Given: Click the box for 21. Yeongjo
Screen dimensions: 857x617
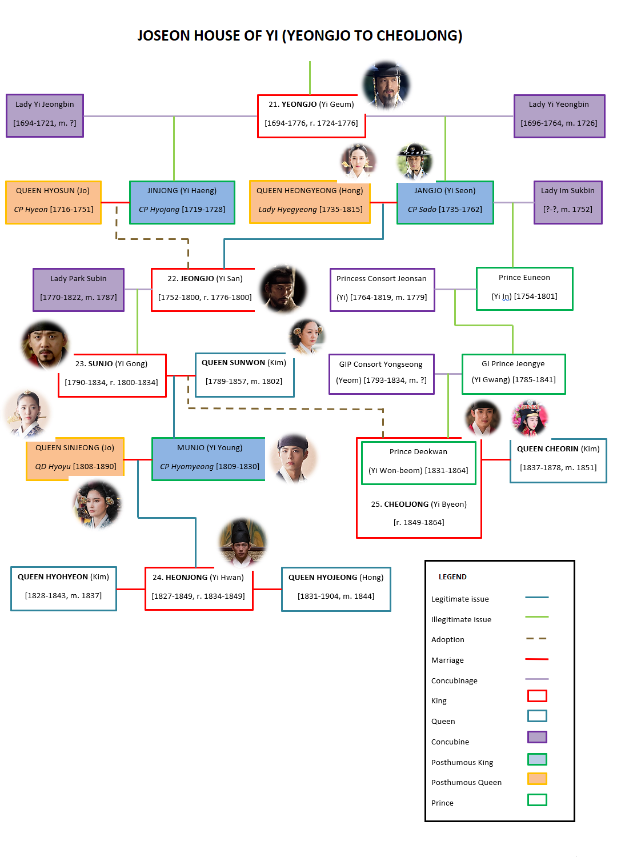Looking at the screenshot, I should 311,116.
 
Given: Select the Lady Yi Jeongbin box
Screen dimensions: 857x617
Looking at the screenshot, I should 45,115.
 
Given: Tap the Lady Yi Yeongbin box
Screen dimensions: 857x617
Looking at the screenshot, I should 559,116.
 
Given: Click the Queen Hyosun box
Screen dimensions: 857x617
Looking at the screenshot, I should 53,202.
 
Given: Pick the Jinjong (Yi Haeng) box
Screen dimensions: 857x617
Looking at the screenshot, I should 182,202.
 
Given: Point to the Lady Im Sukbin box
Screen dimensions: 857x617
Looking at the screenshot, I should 567,202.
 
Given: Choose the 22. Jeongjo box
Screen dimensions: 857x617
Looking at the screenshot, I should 205,290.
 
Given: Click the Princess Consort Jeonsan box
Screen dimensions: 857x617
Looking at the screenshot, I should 382,290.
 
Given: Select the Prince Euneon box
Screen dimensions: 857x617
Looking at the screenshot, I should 524,289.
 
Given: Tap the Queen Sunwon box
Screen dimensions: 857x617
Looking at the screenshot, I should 244,374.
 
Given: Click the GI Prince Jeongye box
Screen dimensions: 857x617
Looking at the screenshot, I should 513,374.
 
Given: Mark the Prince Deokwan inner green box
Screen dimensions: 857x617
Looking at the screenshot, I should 418,463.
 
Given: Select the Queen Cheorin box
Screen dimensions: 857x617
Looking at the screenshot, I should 558,460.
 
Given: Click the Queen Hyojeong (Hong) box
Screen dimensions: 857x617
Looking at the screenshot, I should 336,588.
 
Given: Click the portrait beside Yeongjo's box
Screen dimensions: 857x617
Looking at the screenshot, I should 387,86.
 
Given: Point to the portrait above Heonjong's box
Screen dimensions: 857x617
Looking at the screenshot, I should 242,542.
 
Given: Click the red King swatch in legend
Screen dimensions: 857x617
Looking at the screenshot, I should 536,695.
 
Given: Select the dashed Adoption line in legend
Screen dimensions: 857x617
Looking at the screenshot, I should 536,638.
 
